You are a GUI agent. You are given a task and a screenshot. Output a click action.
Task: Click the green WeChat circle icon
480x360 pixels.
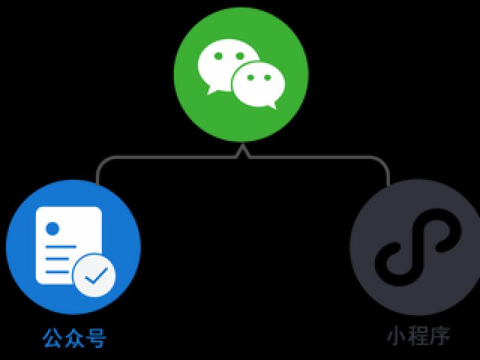tap(241, 74)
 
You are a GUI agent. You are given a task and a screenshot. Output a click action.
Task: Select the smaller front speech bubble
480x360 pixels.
tap(259, 85)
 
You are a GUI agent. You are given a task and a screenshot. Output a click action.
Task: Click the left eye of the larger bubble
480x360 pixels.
tap(218, 56)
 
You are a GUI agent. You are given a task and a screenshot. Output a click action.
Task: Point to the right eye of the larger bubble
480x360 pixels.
tap(239, 56)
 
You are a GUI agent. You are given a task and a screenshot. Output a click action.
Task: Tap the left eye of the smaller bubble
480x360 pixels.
tap(250, 77)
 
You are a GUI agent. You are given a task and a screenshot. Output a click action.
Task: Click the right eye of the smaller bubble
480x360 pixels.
tap(268, 77)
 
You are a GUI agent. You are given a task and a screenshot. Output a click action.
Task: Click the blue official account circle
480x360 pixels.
tap(73, 247)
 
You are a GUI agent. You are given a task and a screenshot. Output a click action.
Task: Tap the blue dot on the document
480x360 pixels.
tap(52, 229)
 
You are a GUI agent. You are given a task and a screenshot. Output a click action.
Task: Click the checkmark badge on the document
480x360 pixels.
tap(95, 275)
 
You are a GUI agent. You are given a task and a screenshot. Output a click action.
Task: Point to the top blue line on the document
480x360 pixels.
tap(61, 247)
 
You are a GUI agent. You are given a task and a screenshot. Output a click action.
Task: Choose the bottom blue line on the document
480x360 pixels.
tap(57, 272)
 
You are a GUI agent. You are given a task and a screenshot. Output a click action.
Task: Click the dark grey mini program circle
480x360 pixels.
tap(415, 247)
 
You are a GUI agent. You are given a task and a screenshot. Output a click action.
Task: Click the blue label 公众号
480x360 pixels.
tap(74, 338)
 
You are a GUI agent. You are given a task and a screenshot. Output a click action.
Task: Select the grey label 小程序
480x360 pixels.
tap(418, 336)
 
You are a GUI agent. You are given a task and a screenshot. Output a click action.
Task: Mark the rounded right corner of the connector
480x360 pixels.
tap(384, 162)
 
